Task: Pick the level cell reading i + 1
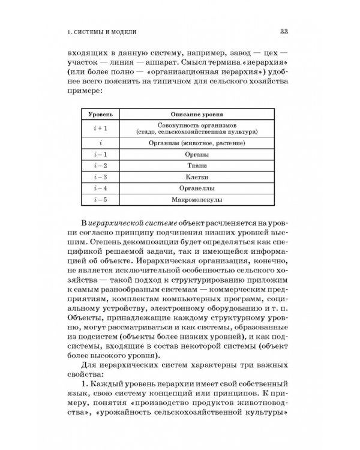coord(95,128)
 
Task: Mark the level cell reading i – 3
coord(95,176)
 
